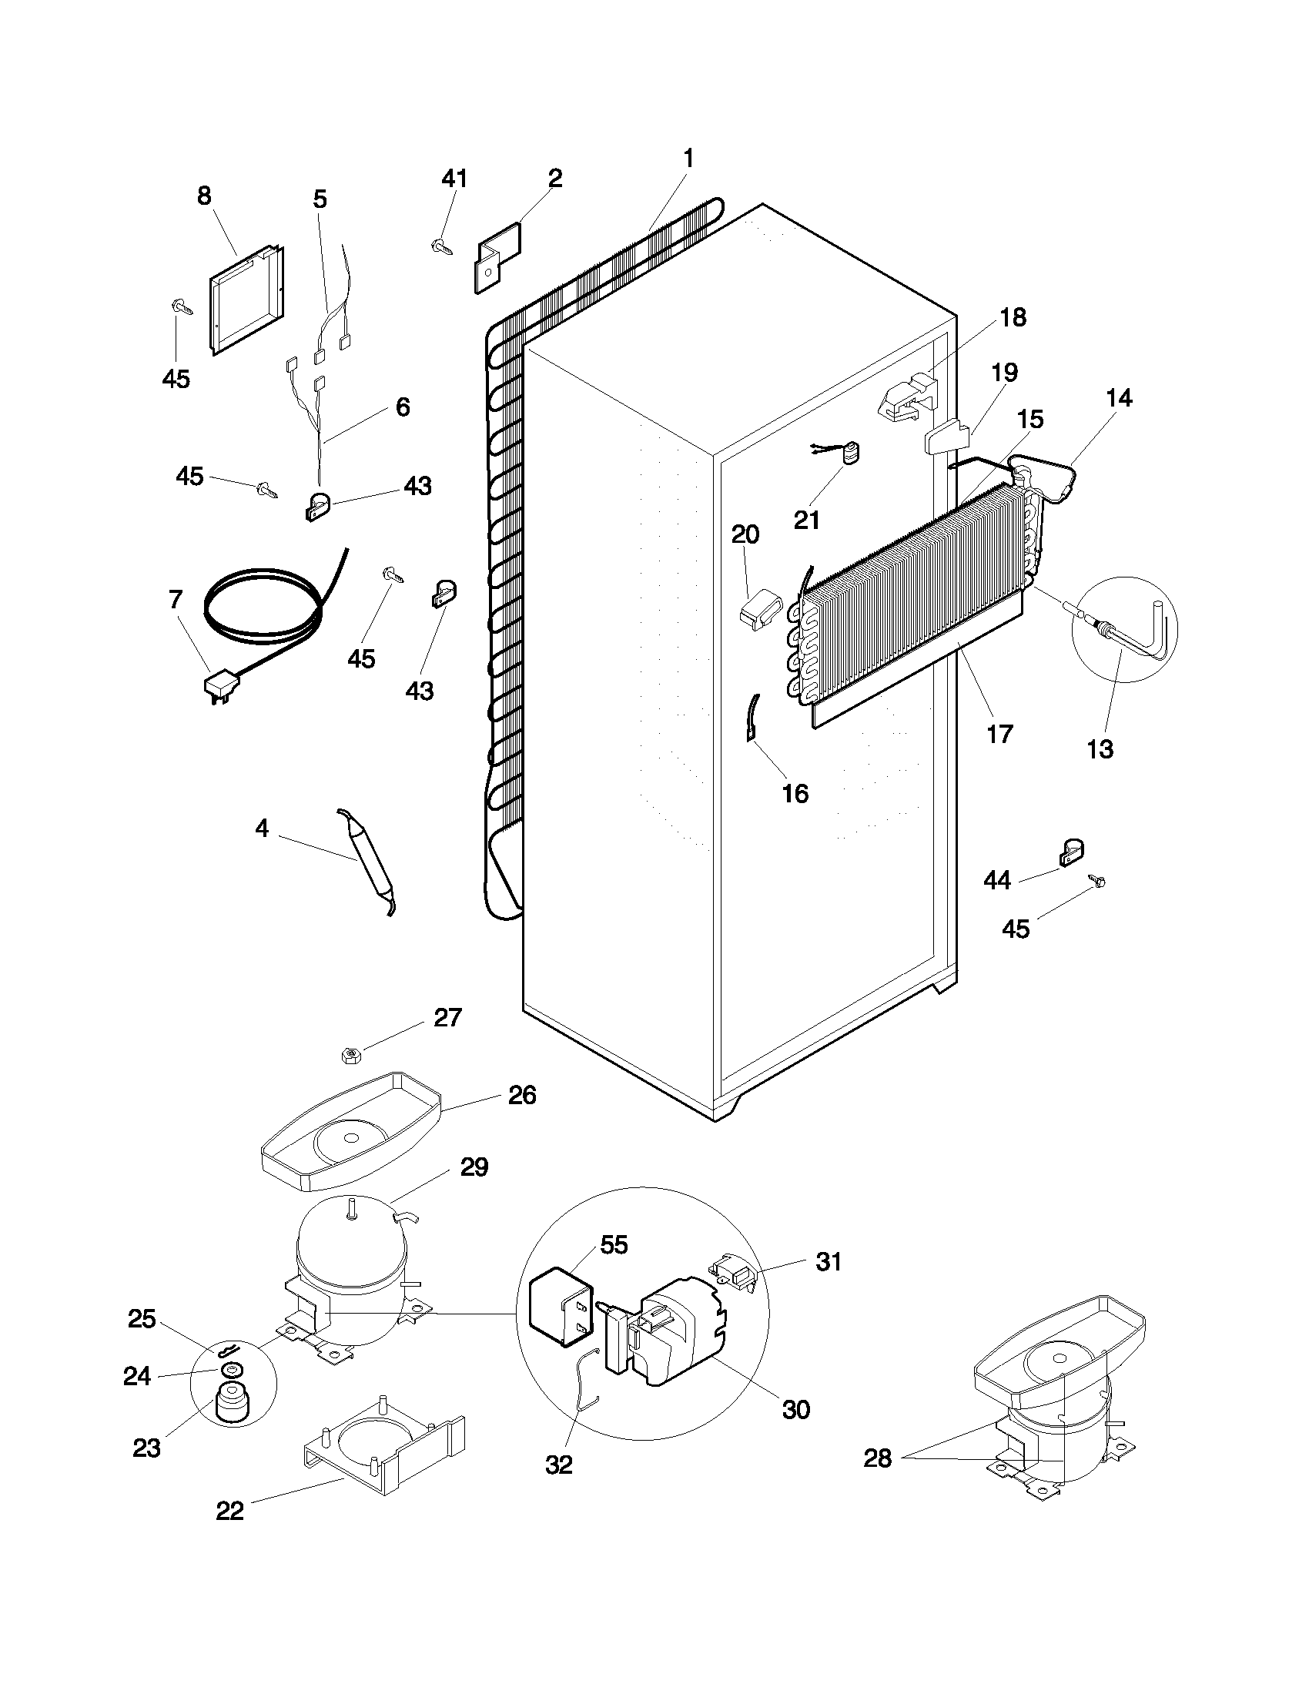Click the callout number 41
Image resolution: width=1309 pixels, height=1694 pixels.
click(x=454, y=179)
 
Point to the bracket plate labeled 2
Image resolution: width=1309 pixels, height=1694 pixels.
click(x=497, y=256)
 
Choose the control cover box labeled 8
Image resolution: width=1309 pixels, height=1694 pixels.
click(x=244, y=299)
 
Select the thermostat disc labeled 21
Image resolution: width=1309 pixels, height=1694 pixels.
click(x=852, y=453)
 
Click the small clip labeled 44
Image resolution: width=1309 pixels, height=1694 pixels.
click(x=1071, y=853)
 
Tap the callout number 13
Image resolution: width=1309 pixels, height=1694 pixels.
click(x=1100, y=749)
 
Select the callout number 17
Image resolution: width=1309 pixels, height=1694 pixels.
click(x=999, y=733)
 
